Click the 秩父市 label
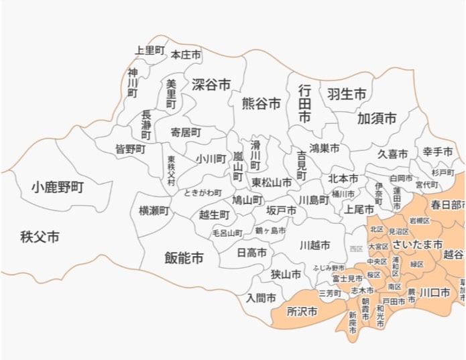(40, 237)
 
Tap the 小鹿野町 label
(57, 187)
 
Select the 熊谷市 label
(261, 103)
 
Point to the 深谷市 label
(211, 85)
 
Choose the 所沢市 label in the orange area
(302, 312)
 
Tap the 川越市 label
(314, 245)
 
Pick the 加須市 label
(377, 119)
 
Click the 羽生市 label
(347, 94)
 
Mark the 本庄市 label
(186, 55)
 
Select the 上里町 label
(150, 50)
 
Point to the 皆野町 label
(130, 149)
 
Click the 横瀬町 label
(154, 211)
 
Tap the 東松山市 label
(272, 182)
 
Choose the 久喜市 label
(392, 154)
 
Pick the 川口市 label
(434, 292)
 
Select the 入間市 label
(261, 298)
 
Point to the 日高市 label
(251, 253)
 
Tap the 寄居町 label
(185, 133)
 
